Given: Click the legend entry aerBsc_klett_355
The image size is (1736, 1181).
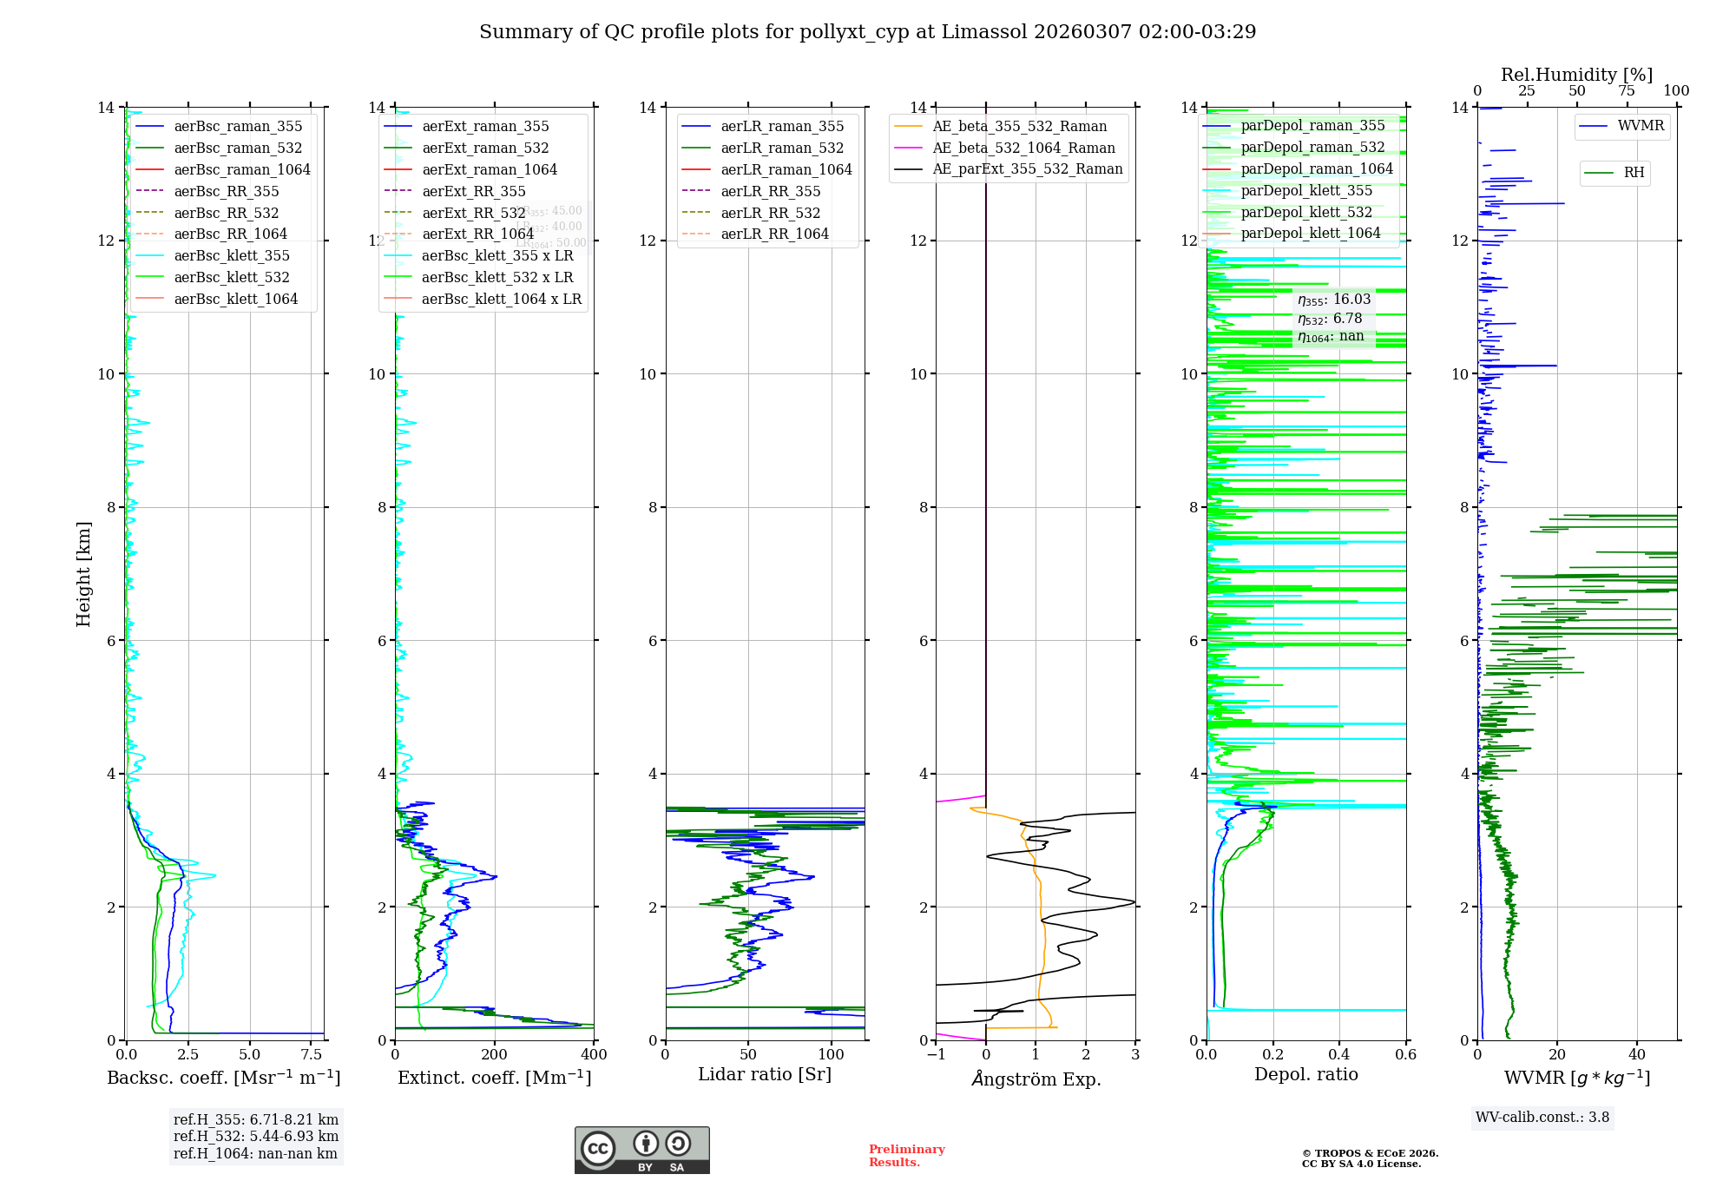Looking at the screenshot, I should point(232,256).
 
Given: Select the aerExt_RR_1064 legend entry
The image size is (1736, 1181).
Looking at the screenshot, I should point(477,234).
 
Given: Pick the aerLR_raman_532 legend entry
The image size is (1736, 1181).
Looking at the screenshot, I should point(782,148).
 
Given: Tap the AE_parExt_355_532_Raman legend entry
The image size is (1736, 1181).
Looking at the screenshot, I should point(1028,169).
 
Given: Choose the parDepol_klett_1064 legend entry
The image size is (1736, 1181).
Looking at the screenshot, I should point(1311,234).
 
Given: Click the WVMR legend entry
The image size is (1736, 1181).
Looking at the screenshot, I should point(1641,126).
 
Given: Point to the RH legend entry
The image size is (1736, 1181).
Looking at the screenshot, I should point(1634,173).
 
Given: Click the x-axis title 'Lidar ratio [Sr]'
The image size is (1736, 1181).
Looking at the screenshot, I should point(765,1075).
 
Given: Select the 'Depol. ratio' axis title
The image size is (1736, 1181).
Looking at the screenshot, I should point(1305,1075).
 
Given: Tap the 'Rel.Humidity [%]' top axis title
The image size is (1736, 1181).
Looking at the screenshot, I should point(1576,75).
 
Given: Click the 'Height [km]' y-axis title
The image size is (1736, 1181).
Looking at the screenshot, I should point(83,574).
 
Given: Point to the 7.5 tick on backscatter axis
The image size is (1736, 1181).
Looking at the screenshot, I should point(312,1055).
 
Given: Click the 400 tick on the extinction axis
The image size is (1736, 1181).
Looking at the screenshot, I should point(594,1055).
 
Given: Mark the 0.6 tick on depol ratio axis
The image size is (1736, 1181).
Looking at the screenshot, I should point(1405,1055).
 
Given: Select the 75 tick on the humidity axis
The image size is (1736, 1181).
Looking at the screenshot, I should point(1627,91).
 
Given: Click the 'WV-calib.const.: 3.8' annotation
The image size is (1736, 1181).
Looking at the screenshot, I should point(1542,1118).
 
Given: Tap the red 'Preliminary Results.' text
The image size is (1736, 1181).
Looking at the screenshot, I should point(906,1156).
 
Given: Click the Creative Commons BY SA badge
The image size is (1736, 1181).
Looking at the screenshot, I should point(641,1151).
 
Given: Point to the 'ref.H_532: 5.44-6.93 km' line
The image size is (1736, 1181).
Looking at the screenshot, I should point(256,1137).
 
